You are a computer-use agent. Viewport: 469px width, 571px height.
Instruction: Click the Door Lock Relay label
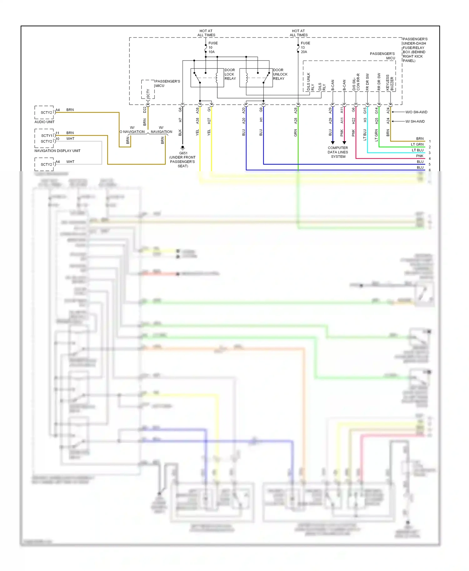(230, 74)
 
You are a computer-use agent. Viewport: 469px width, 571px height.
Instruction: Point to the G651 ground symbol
(183, 147)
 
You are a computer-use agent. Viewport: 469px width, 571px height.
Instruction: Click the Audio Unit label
(44, 122)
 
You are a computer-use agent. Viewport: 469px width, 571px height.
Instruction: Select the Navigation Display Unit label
(57, 151)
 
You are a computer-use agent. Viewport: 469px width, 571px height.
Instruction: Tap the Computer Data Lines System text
(338, 152)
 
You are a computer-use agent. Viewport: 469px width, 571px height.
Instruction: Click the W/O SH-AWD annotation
(416, 112)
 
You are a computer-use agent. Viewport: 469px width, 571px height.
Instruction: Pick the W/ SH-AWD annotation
(415, 122)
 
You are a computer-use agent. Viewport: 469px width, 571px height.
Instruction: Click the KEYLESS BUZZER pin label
(390, 83)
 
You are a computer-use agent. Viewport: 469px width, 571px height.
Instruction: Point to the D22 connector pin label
(144, 110)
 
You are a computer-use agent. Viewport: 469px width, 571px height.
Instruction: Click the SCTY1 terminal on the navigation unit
(47, 136)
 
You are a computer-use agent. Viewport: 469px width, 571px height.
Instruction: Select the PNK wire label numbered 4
(420, 156)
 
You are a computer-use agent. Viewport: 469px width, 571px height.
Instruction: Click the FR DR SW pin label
(367, 82)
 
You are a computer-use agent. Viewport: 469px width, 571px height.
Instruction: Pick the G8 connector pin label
(180, 110)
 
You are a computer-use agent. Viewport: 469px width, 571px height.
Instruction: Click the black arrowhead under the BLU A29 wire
(333, 143)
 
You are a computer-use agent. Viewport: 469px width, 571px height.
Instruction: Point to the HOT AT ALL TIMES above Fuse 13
(299, 33)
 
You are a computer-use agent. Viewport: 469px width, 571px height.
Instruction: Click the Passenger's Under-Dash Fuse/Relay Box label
(415, 50)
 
